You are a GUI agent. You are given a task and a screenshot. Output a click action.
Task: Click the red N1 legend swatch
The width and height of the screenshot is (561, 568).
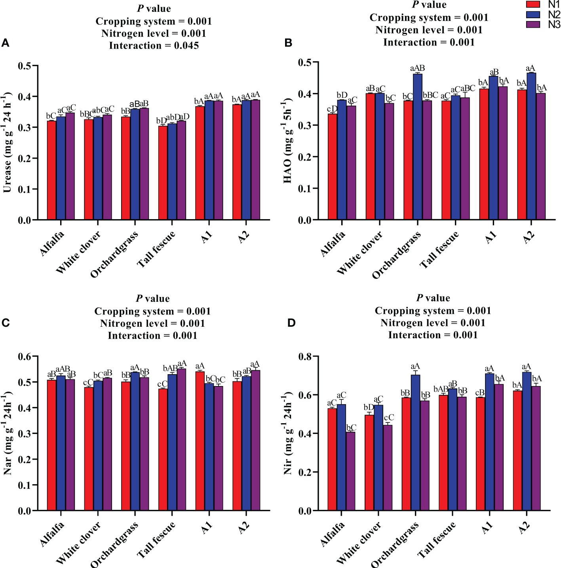pos(533,4)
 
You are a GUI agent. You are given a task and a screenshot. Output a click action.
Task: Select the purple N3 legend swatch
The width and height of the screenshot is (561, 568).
pos(533,24)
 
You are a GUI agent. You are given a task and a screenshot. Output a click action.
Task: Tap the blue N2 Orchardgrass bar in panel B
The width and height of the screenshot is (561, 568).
pos(418,146)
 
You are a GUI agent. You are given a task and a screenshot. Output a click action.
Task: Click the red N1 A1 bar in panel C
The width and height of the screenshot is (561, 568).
pos(200,441)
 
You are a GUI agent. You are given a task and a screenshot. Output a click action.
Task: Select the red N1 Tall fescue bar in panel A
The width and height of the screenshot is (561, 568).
pos(163,172)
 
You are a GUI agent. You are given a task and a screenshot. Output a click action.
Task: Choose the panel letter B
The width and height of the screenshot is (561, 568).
pos(288,43)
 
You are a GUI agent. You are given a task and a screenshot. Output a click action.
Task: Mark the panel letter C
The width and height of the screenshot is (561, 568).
pos(6,323)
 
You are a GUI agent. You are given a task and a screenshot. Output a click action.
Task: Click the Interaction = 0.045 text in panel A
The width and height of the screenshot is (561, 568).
pos(154,46)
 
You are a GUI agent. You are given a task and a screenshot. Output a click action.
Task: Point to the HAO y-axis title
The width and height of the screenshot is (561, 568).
pos(288,142)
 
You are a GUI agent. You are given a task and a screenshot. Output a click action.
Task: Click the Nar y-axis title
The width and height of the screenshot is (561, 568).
pos(8,433)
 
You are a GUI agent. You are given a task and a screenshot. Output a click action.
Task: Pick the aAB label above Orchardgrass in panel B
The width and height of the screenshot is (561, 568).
pos(417,68)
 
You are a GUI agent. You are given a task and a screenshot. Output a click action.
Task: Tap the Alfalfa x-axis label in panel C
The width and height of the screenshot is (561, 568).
pos(52,534)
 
